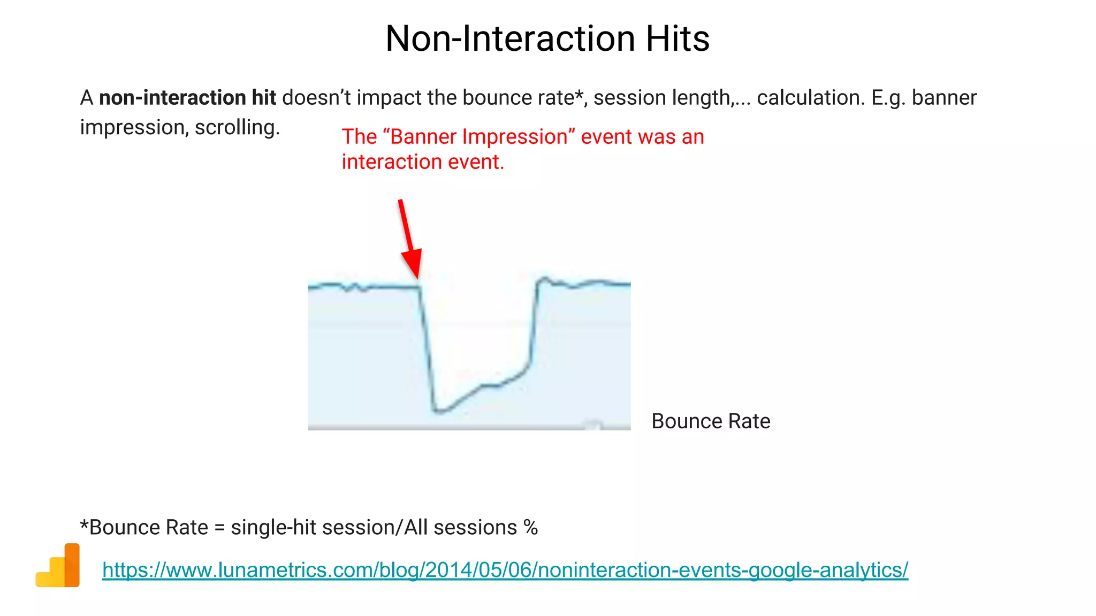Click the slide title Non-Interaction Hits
547,38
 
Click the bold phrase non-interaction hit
187,98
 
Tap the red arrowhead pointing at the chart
412,263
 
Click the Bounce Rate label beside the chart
711,421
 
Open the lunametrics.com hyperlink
505,570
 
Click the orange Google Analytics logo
58,566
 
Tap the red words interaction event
422,162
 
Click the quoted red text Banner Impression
479,137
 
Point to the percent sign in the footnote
530,528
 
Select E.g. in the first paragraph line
888,98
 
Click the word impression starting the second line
133,128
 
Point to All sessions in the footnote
460,528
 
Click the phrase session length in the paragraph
661,98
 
